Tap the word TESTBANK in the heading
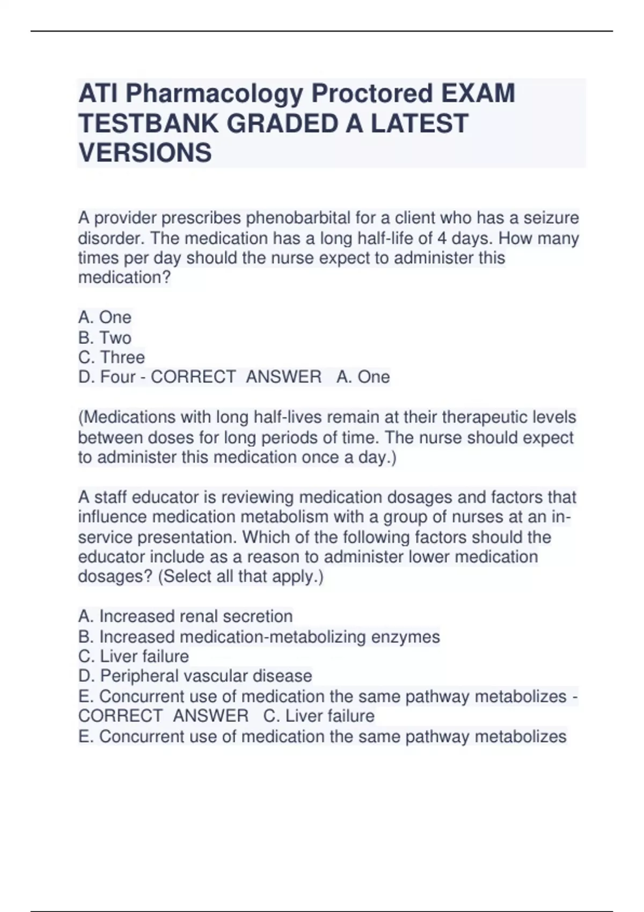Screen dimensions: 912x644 pos(149,123)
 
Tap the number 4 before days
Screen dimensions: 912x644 pos(442,238)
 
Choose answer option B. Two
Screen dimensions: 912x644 pos(105,337)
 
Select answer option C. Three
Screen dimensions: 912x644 pos(112,357)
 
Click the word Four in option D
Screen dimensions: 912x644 pos(118,377)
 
